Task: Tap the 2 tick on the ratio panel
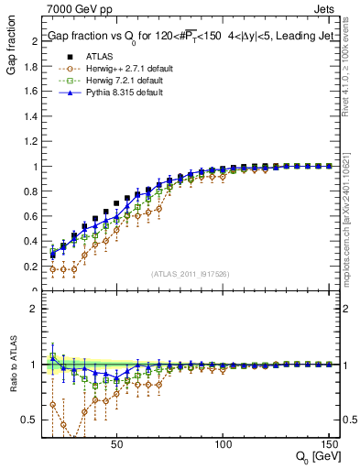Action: [x=35, y=309]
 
